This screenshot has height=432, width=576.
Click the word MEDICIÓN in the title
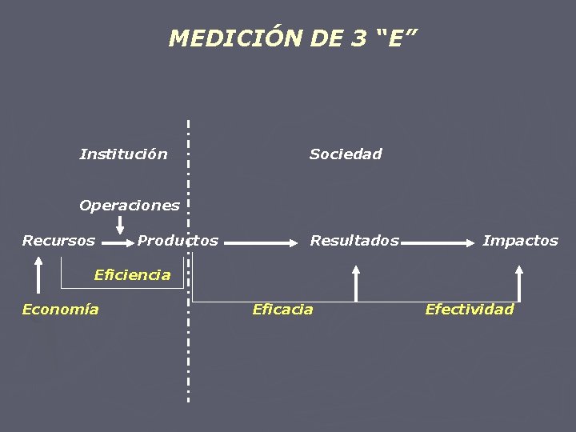click(x=235, y=38)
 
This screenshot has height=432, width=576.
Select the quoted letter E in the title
click(x=396, y=38)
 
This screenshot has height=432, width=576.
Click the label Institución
click(x=123, y=154)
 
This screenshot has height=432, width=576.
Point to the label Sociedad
click(x=346, y=154)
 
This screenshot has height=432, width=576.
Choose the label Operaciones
click(x=129, y=206)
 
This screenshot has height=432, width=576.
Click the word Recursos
click(x=58, y=241)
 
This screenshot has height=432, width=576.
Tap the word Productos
click(x=178, y=241)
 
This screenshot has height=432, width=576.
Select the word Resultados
click(x=354, y=241)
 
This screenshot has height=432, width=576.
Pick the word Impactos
click(x=520, y=241)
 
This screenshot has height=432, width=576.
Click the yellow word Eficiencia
click(x=132, y=275)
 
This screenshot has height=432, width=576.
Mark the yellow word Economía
click(x=60, y=310)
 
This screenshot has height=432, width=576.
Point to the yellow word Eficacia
click(x=282, y=310)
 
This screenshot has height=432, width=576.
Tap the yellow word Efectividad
click(x=469, y=310)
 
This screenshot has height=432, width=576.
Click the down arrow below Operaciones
click(x=120, y=225)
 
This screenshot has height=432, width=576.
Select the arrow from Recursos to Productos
click(x=118, y=241)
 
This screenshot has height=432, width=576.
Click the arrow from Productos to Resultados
click(x=264, y=241)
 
